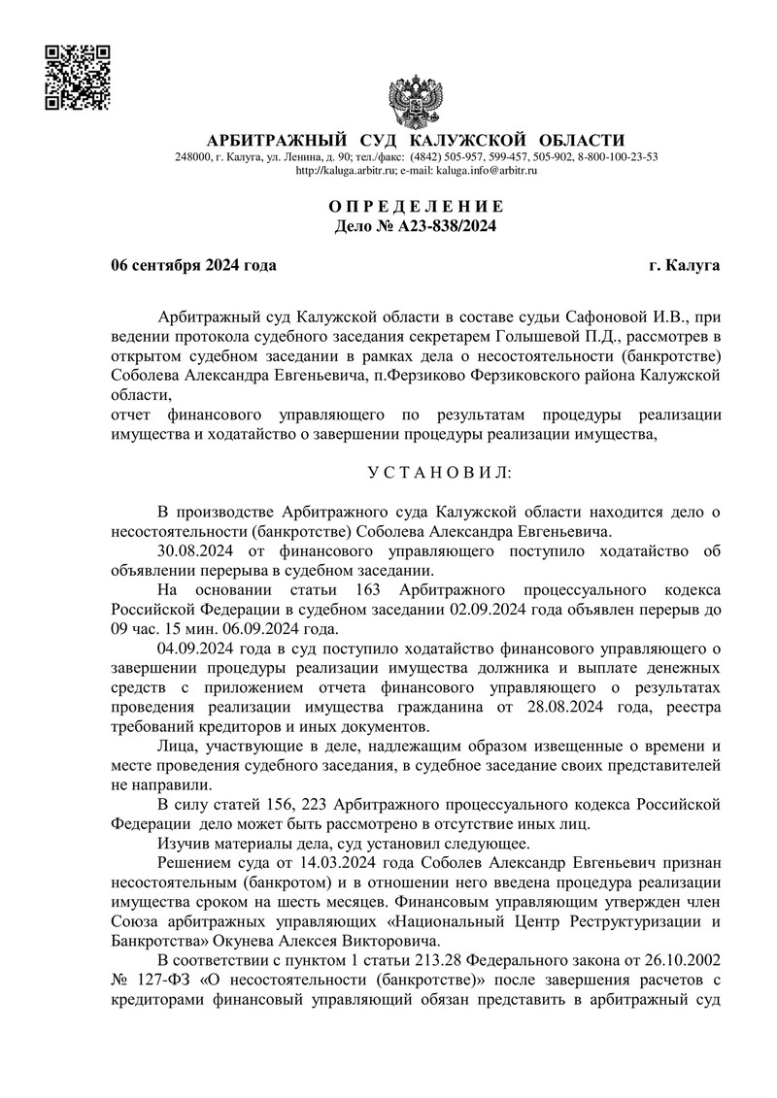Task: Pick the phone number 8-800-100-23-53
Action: click(x=618, y=157)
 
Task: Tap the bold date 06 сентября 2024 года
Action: click(x=193, y=264)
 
